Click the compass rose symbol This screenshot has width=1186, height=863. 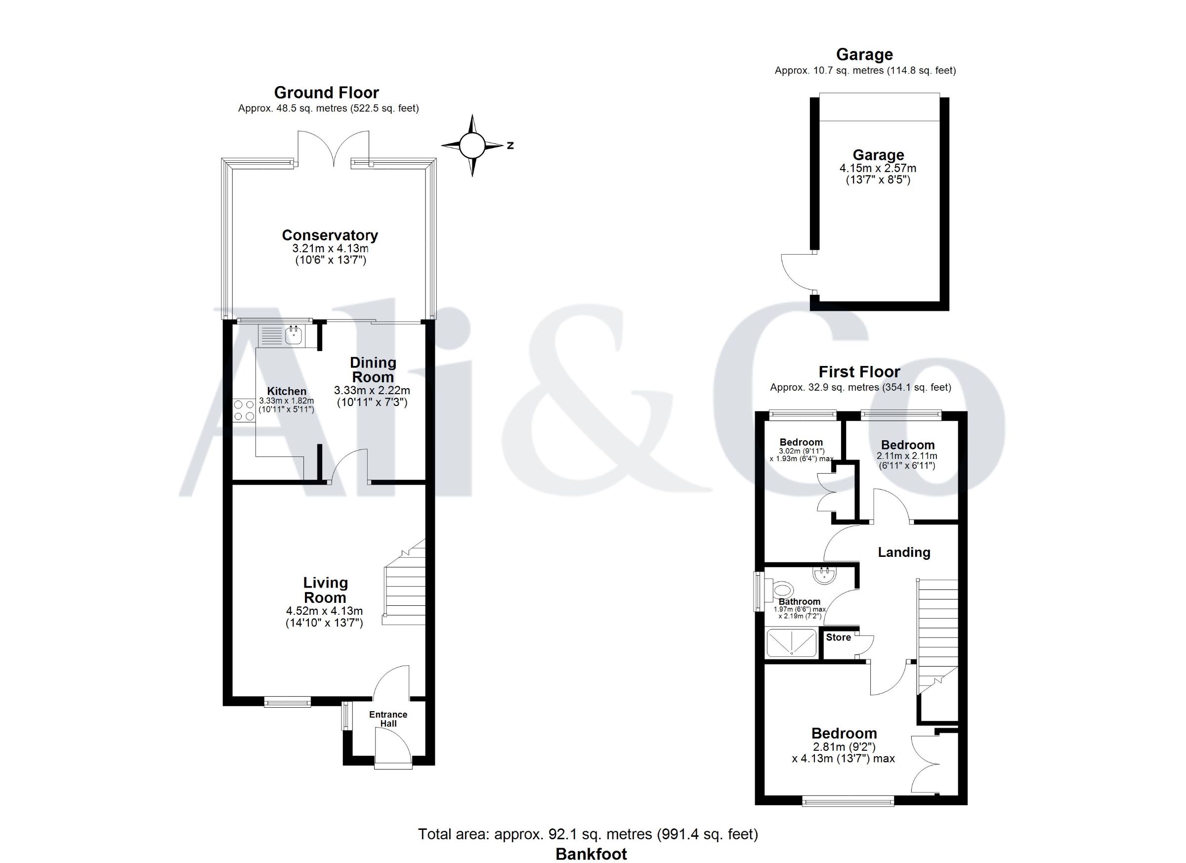tap(472, 145)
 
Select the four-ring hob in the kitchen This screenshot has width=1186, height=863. tap(244, 410)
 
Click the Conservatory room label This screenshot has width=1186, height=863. tap(330, 235)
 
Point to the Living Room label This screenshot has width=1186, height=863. tap(325, 590)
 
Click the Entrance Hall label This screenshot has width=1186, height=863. tap(388, 719)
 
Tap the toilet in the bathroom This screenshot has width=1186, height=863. tap(782, 590)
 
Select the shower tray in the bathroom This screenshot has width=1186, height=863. tap(791, 642)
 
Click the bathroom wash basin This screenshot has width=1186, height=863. tap(825, 575)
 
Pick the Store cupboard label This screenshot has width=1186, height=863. tap(838, 637)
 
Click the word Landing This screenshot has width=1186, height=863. tap(904, 552)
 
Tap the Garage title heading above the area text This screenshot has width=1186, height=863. tap(865, 54)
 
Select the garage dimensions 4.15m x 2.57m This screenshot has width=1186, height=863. tap(878, 169)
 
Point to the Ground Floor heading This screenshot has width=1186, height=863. tap(327, 92)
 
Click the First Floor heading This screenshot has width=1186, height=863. tap(860, 372)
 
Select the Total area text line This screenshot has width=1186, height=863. tap(588, 834)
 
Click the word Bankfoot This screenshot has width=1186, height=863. tap(592, 854)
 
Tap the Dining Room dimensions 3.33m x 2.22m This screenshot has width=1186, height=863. tap(372, 390)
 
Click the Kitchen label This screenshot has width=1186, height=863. tap(287, 392)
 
